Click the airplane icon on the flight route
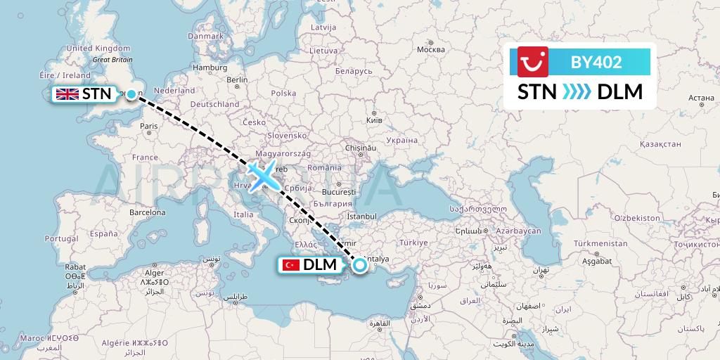[x=262, y=176]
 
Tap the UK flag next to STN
[x=67, y=94]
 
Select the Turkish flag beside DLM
[x=290, y=265]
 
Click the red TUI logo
[x=532, y=62]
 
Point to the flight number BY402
[x=596, y=62]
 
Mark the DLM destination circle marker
[x=360, y=265]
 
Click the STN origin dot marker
[x=131, y=94]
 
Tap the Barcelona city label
[x=147, y=212]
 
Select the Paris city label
[x=148, y=127]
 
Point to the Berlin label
[x=238, y=79]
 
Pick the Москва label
[x=430, y=50]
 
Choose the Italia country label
[x=243, y=214]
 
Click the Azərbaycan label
[x=517, y=231]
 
